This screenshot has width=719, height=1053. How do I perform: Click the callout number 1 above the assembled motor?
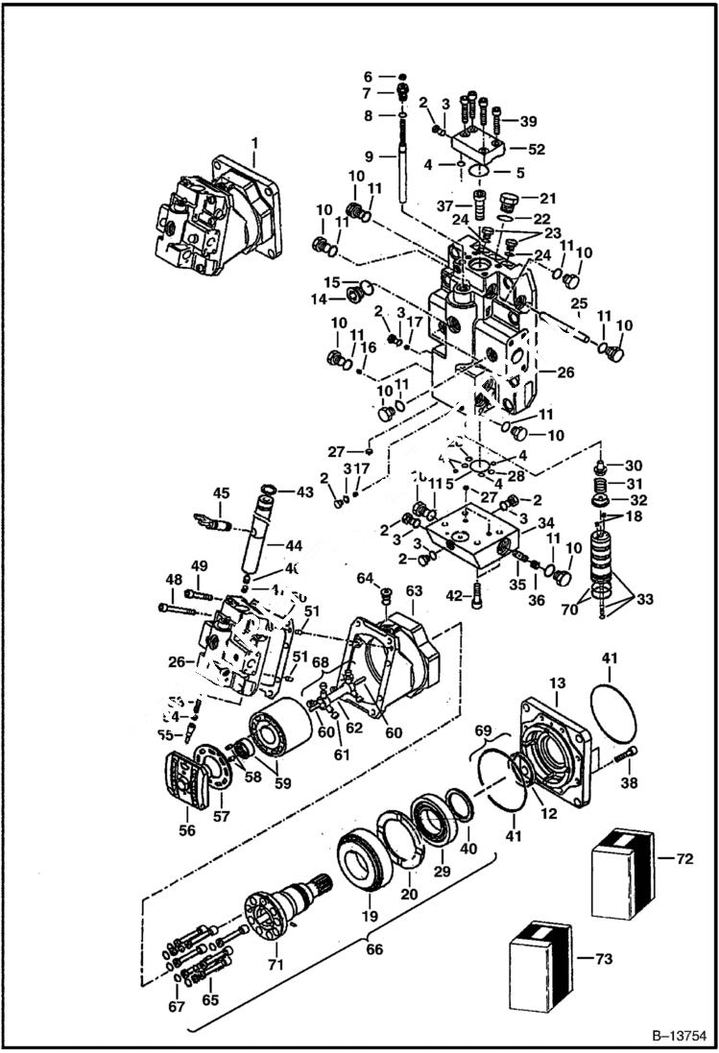(x=254, y=143)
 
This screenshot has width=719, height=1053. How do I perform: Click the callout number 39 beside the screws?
(x=528, y=121)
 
